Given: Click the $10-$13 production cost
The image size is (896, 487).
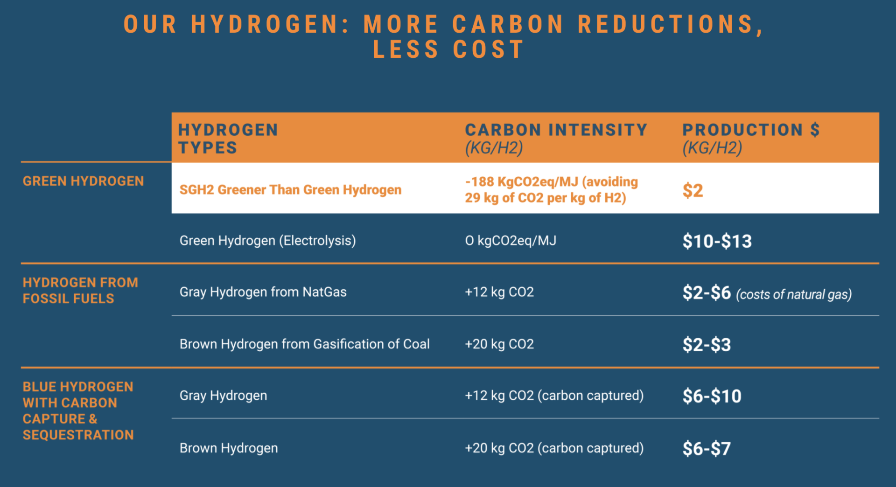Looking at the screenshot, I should point(717,241).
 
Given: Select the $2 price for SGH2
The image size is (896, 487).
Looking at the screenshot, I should point(693,190).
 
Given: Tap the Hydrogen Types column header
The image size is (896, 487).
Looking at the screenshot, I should point(228,138).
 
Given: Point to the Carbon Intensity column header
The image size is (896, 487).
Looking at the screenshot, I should point(556,138).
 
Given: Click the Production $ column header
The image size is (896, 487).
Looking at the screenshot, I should point(750,138).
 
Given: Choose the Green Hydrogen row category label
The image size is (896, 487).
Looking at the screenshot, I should point(83,181).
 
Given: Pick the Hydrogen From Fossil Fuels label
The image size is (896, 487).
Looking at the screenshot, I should point(80,290).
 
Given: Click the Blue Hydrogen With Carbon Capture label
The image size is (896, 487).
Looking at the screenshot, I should point(78,410).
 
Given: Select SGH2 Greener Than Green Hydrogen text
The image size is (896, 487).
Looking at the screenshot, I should point(290,190).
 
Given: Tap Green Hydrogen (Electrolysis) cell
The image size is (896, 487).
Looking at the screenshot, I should point(267,241).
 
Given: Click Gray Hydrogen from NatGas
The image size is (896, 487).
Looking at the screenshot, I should point(263,292).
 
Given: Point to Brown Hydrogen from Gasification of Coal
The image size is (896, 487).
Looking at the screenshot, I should point(304,344).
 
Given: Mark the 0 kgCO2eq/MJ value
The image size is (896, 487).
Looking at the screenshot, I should point(511,241).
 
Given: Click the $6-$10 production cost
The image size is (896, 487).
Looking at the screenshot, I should point(712,396).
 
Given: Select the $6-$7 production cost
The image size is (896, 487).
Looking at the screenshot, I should point(707,448).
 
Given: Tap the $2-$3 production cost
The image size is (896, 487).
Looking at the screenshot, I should point(707,345).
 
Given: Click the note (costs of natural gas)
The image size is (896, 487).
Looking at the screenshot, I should point(794,294).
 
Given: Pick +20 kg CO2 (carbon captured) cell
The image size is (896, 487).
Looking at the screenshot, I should point(554,448).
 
